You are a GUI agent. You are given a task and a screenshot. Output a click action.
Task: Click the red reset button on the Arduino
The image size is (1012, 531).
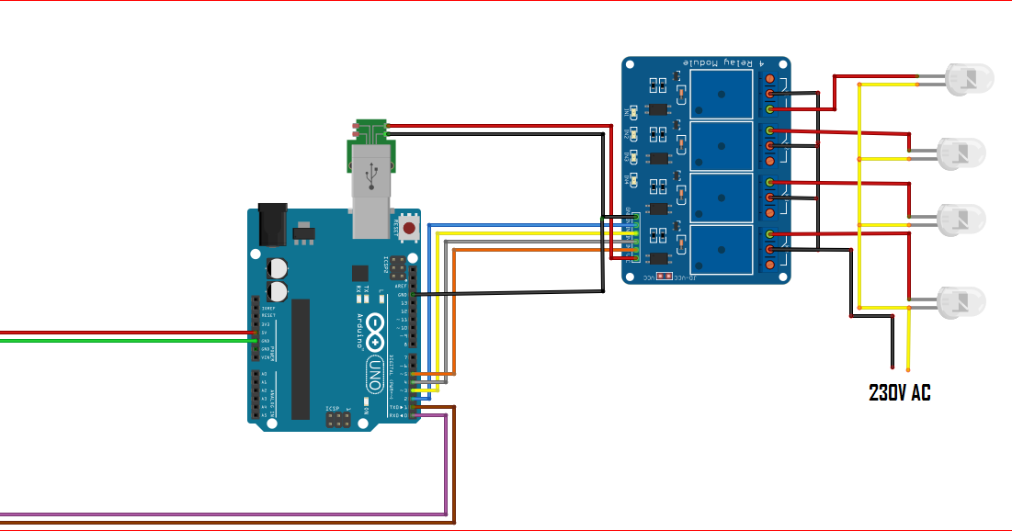[x=409, y=226]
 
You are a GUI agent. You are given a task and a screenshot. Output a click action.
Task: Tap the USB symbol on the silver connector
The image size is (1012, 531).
[x=372, y=172]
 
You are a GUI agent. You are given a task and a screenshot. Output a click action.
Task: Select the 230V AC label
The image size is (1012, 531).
[x=900, y=393]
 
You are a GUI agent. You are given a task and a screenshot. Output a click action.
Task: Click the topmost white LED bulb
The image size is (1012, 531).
[x=969, y=81]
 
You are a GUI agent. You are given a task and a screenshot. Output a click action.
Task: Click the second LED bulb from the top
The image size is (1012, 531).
[x=961, y=152]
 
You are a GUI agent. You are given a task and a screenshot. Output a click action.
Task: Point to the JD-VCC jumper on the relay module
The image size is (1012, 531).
[x=662, y=276]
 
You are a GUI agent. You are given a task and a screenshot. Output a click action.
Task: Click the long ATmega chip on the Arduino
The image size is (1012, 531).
[x=301, y=357]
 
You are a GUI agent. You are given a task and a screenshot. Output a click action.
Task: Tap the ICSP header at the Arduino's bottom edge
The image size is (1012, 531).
[x=337, y=418]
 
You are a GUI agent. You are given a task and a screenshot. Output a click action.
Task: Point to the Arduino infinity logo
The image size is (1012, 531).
[x=375, y=332]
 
